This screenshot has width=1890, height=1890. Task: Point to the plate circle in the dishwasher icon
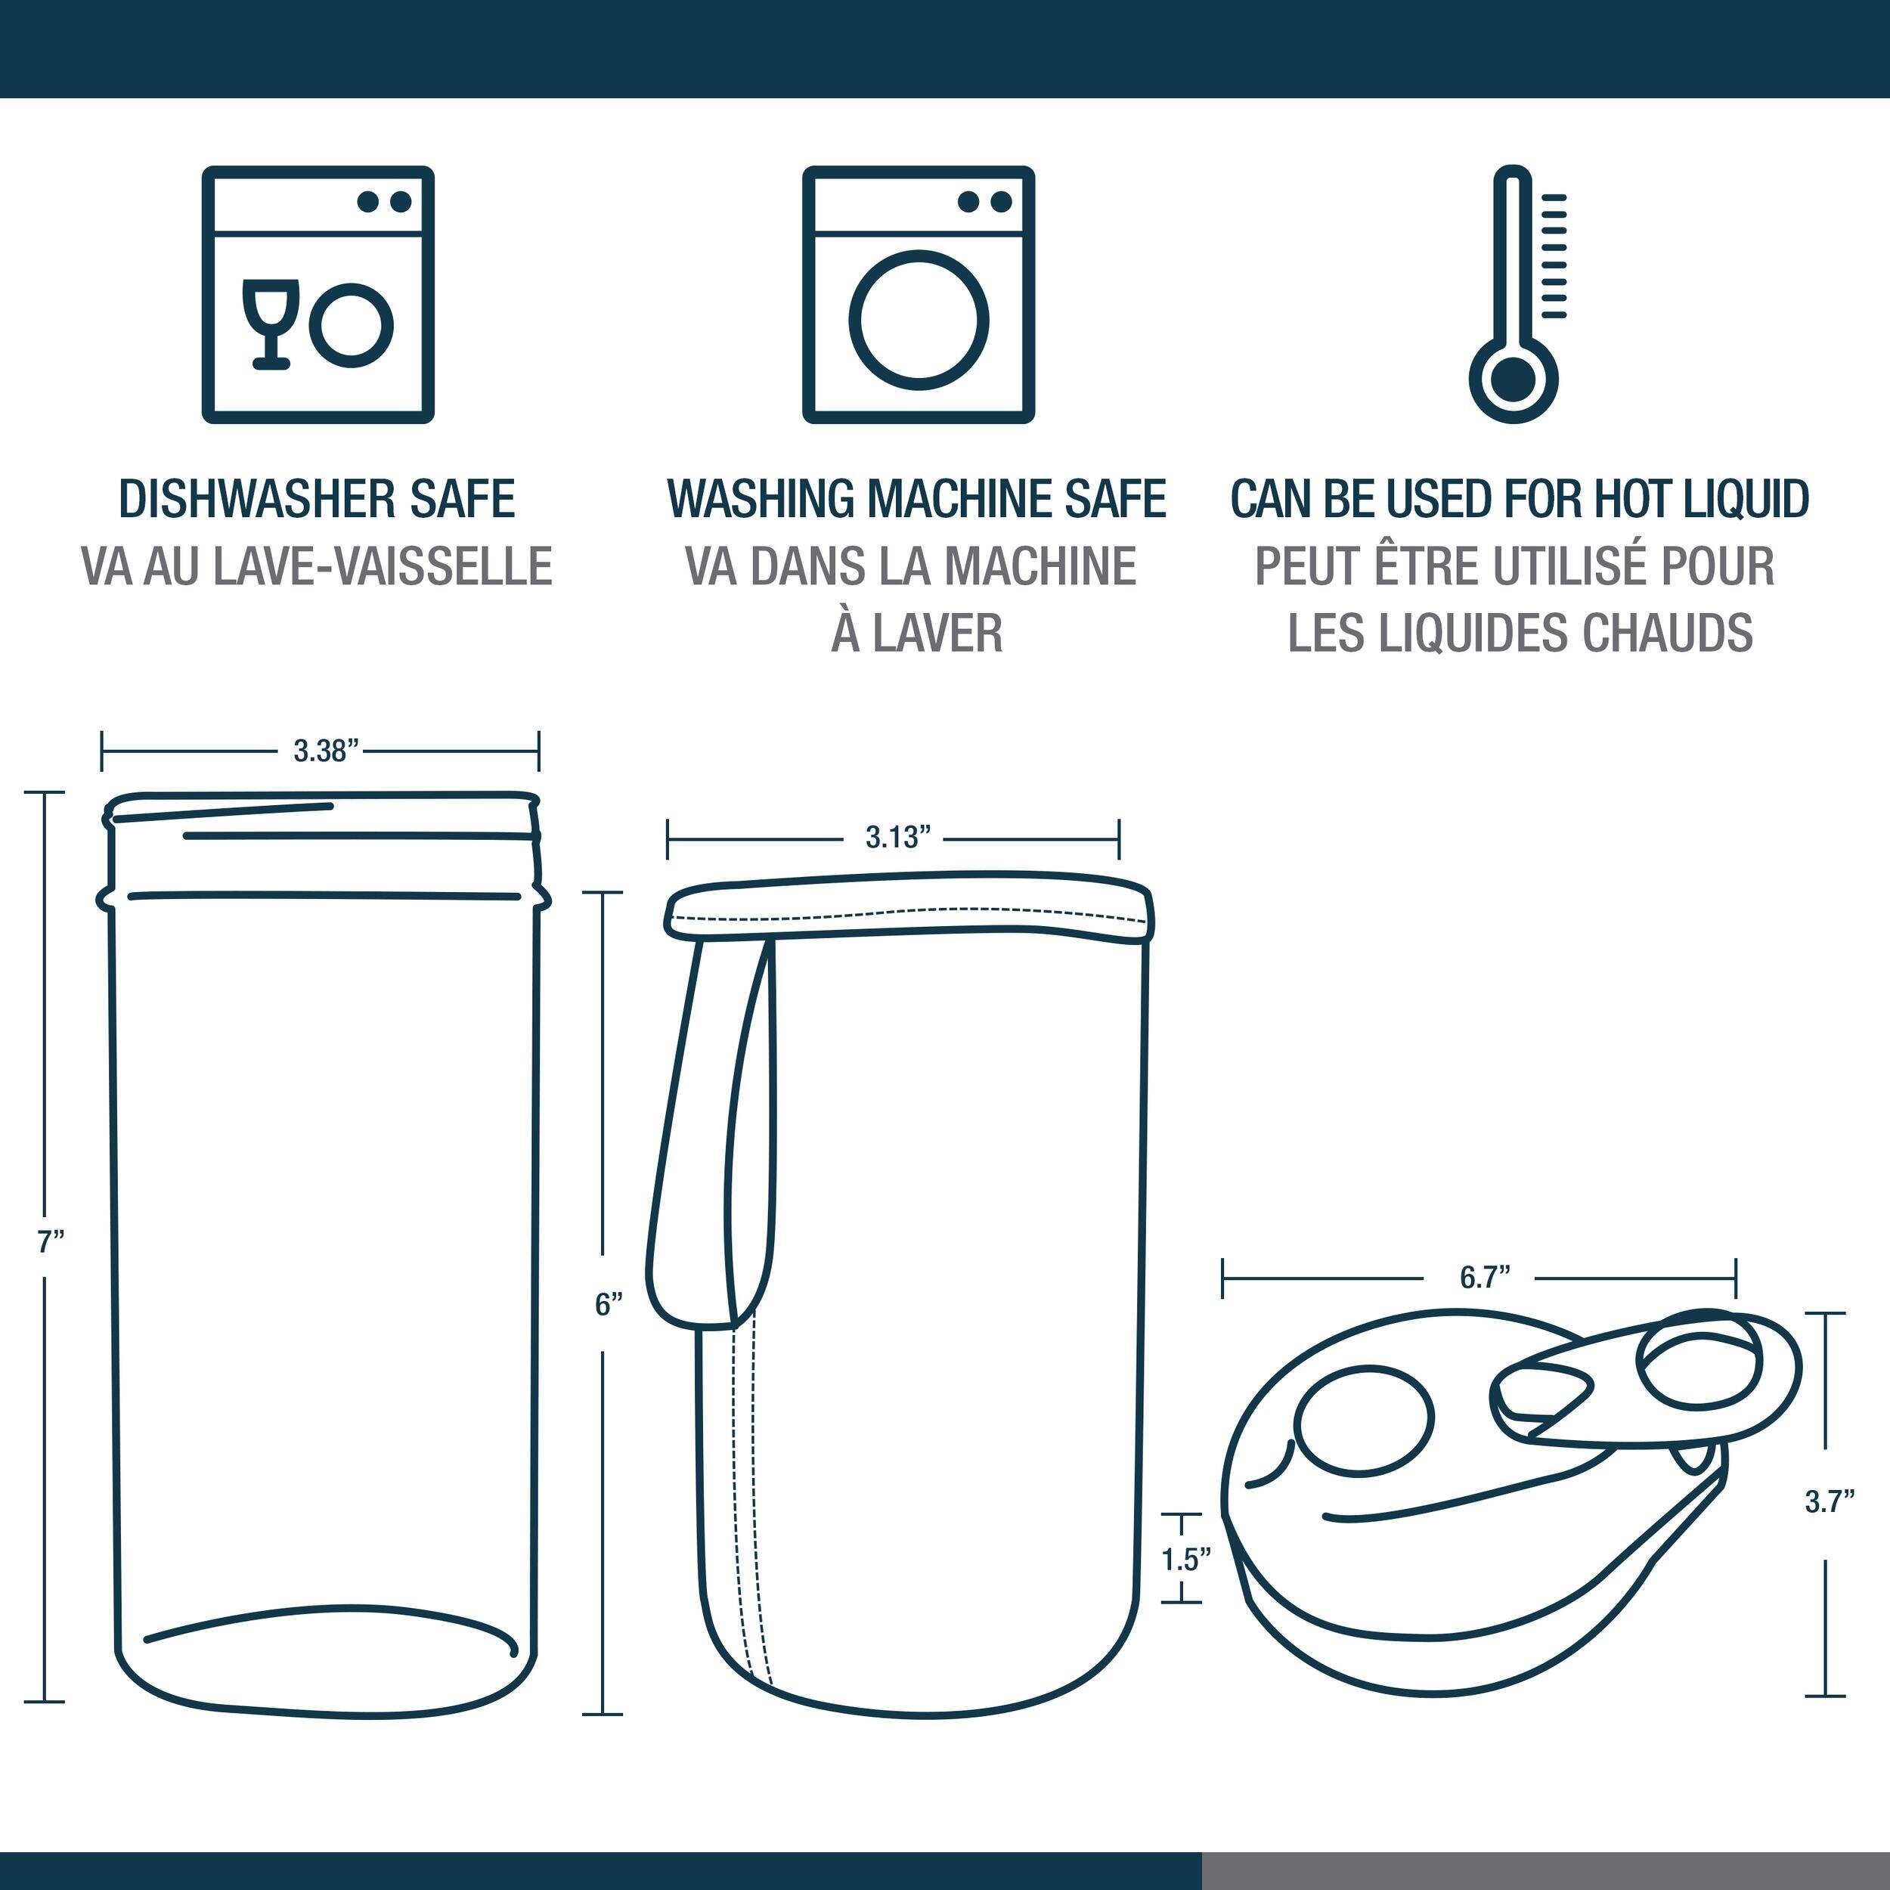pyautogui.click(x=352, y=326)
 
